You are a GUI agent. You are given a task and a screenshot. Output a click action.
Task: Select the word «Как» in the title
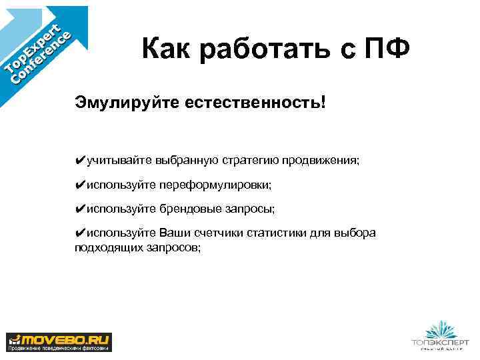(168, 49)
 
